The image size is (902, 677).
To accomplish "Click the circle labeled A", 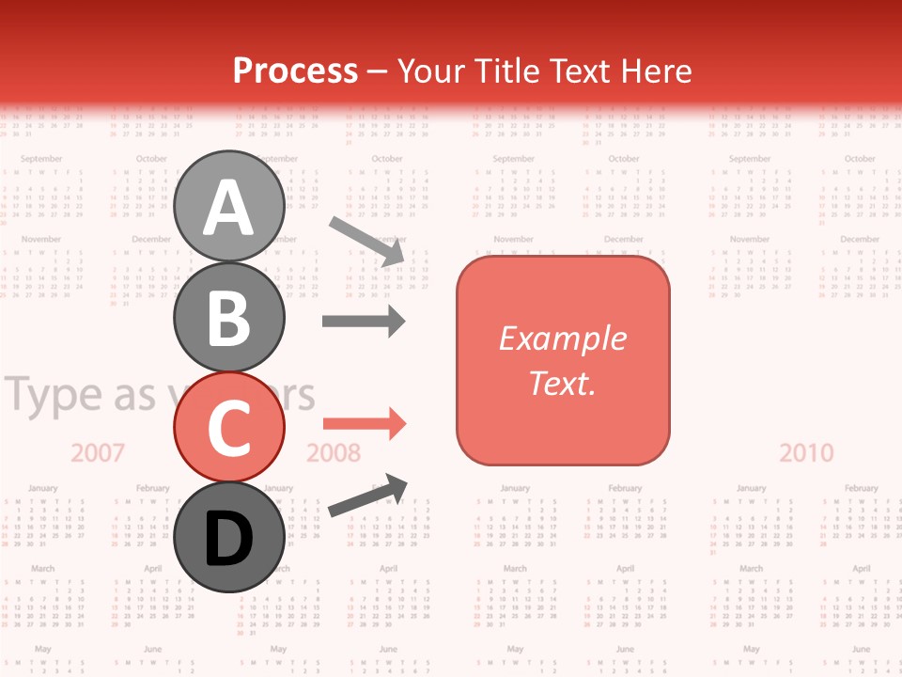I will [228, 207].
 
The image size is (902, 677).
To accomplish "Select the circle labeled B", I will [228, 317].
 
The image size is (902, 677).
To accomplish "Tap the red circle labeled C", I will [228, 427].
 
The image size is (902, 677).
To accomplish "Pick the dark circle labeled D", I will [228, 537].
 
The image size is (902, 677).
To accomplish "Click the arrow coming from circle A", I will [367, 239].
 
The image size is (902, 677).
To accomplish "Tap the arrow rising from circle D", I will [367, 496].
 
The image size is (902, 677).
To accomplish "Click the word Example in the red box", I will [562, 338].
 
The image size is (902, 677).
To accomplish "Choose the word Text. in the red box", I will [562, 383].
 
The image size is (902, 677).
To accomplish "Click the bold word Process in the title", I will [295, 71].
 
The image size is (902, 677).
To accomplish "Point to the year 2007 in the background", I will [98, 453].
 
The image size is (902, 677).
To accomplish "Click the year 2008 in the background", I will [334, 453].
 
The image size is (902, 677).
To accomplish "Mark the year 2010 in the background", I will [806, 453].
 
